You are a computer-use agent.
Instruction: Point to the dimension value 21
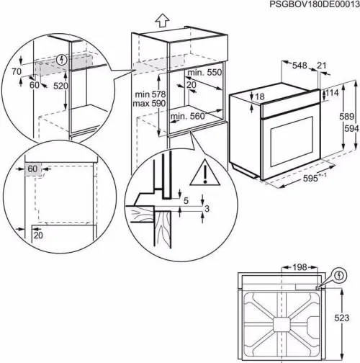point(320,66)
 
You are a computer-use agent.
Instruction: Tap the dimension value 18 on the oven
point(259,97)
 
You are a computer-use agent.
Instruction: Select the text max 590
point(150,104)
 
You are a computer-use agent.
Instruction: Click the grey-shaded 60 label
point(32,169)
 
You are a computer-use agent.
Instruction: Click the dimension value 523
point(346,316)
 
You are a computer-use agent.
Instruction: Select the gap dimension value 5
point(186,201)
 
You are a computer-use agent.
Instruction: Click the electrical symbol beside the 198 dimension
point(338,274)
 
